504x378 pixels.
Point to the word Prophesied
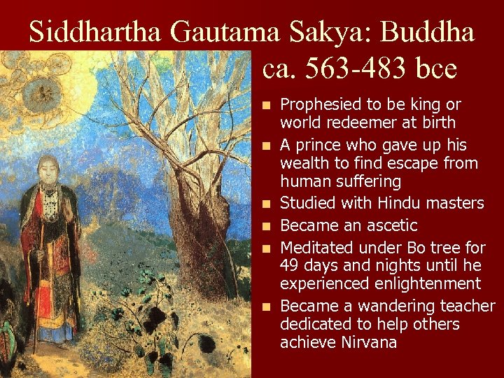click(321, 105)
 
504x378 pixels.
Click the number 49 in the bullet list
click(289, 266)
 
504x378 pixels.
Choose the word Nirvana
click(370, 342)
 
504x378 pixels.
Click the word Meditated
click(317, 248)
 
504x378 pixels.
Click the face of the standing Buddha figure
click(49, 169)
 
